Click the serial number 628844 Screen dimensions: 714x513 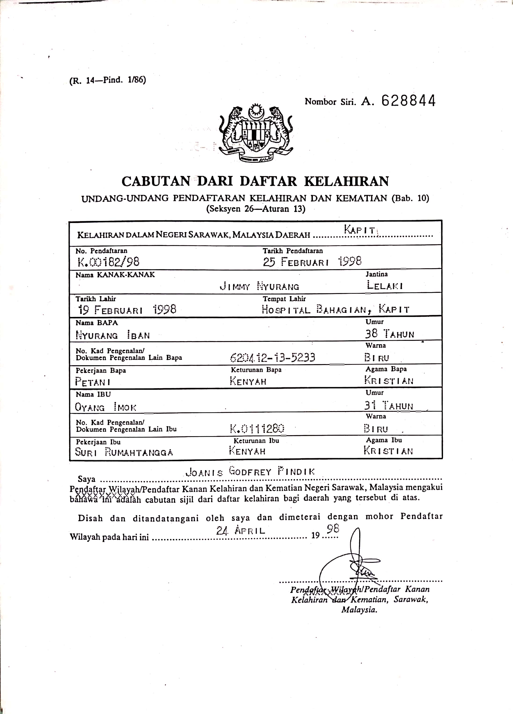(x=408, y=101)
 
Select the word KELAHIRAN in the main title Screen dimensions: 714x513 (x=346, y=181)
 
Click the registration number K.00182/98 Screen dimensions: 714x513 (x=108, y=262)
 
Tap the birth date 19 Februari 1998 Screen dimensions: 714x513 (x=127, y=310)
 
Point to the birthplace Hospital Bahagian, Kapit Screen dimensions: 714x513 (x=335, y=309)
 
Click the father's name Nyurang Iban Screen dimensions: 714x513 (x=113, y=335)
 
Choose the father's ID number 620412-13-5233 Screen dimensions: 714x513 (x=272, y=357)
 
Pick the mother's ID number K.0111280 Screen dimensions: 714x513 (x=257, y=428)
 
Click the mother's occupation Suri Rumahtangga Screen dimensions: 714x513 (x=124, y=452)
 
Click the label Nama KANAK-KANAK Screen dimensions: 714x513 (x=115, y=275)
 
